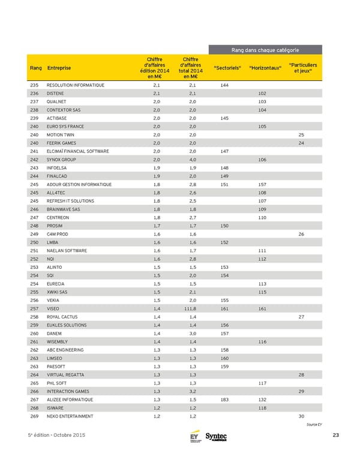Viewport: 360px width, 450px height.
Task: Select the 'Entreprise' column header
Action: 58,67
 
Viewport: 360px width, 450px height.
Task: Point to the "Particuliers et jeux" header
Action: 303,67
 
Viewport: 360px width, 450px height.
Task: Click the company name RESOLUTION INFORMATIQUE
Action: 75,85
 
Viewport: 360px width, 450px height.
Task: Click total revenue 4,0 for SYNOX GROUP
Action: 191,160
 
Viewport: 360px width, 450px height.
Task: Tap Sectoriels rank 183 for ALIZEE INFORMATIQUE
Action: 224,399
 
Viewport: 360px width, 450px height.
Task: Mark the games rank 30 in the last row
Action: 301,416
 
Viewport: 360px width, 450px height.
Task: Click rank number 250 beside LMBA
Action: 34,242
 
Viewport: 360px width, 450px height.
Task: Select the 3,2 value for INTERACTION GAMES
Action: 191,391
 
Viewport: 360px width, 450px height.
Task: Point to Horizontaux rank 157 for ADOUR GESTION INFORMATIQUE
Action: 262,184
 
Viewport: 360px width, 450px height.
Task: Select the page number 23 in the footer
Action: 335,435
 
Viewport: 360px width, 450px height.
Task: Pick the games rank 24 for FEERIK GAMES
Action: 301,143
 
